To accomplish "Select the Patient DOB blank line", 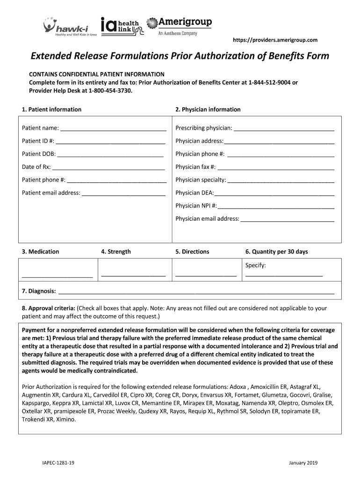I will [x=110, y=154].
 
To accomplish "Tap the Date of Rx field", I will [x=108, y=167].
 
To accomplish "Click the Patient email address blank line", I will [x=123, y=193].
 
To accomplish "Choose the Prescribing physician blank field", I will [x=284, y=128].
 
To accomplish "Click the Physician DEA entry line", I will [x=274, y=193].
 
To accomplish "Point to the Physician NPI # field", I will [x=276, y=205].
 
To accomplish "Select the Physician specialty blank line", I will [x=281, y=180].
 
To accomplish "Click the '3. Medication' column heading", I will [x=41, y=252].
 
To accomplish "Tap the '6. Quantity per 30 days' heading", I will [x=277, y=252].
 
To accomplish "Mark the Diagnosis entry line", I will [x=196, y=291].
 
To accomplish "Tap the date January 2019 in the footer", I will [x=303, y=463].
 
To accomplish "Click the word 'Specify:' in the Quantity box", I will [x=256, y=266].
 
